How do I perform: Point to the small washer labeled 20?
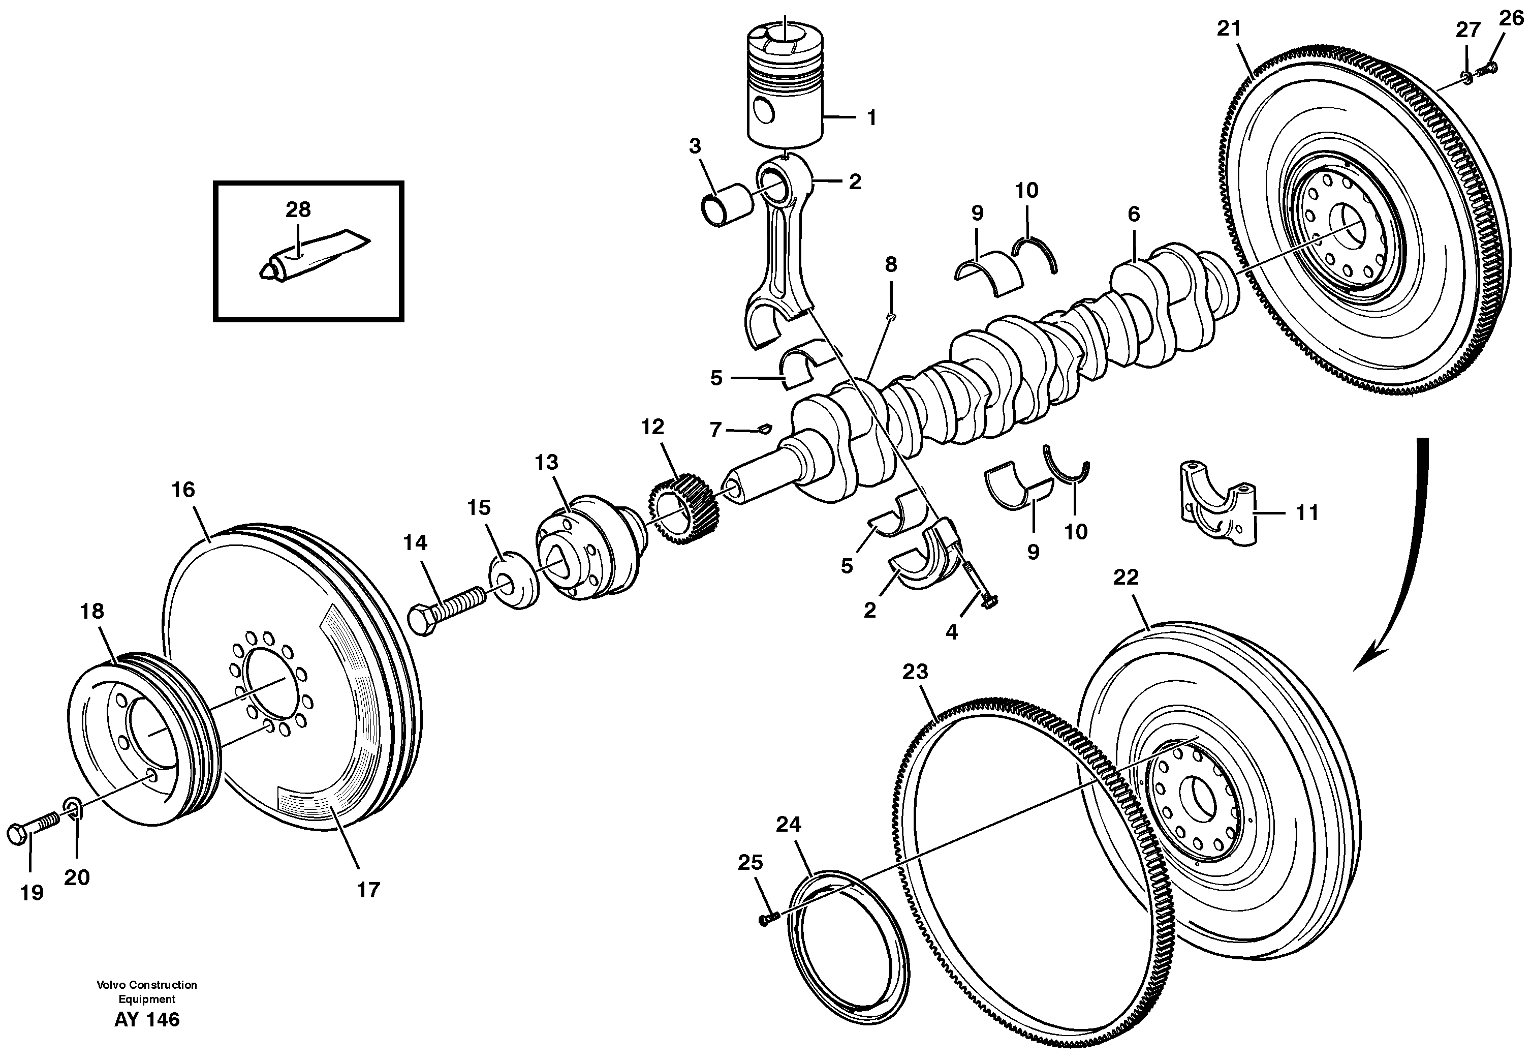(x=73, y=808)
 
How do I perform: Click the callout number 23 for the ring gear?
(x=915, y=672)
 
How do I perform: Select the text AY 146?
(x=147, y=1019)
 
